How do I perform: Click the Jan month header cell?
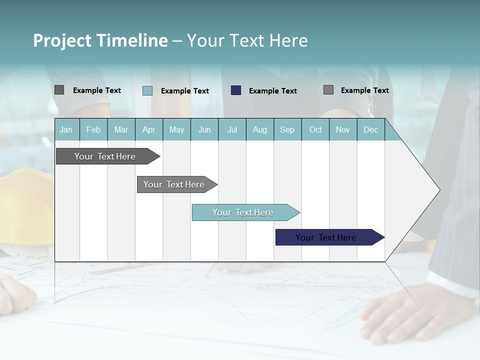[66, 130]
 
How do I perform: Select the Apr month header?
[149, 130]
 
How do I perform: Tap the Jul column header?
[232, 130]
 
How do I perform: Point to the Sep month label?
[287, 130]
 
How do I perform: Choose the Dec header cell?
[370, 130]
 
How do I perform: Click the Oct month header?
[315, 130]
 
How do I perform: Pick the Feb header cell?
[93, 130]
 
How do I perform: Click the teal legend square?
[147, 90]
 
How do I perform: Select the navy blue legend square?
[236, 90]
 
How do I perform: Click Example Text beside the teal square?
[184, 91]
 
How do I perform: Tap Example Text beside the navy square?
[272, 91]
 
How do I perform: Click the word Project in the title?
[62, 40]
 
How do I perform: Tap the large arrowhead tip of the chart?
[435, 190]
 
